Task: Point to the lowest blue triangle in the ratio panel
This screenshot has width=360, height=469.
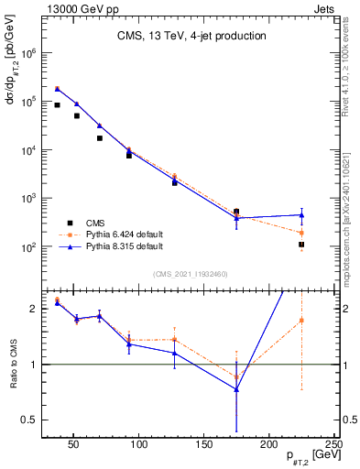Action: [x=236, y=389]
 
